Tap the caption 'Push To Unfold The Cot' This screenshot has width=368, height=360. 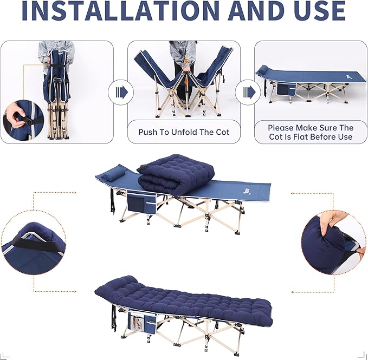[x=184, y=132]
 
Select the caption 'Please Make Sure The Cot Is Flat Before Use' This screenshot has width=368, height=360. [x=311, y=132]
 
